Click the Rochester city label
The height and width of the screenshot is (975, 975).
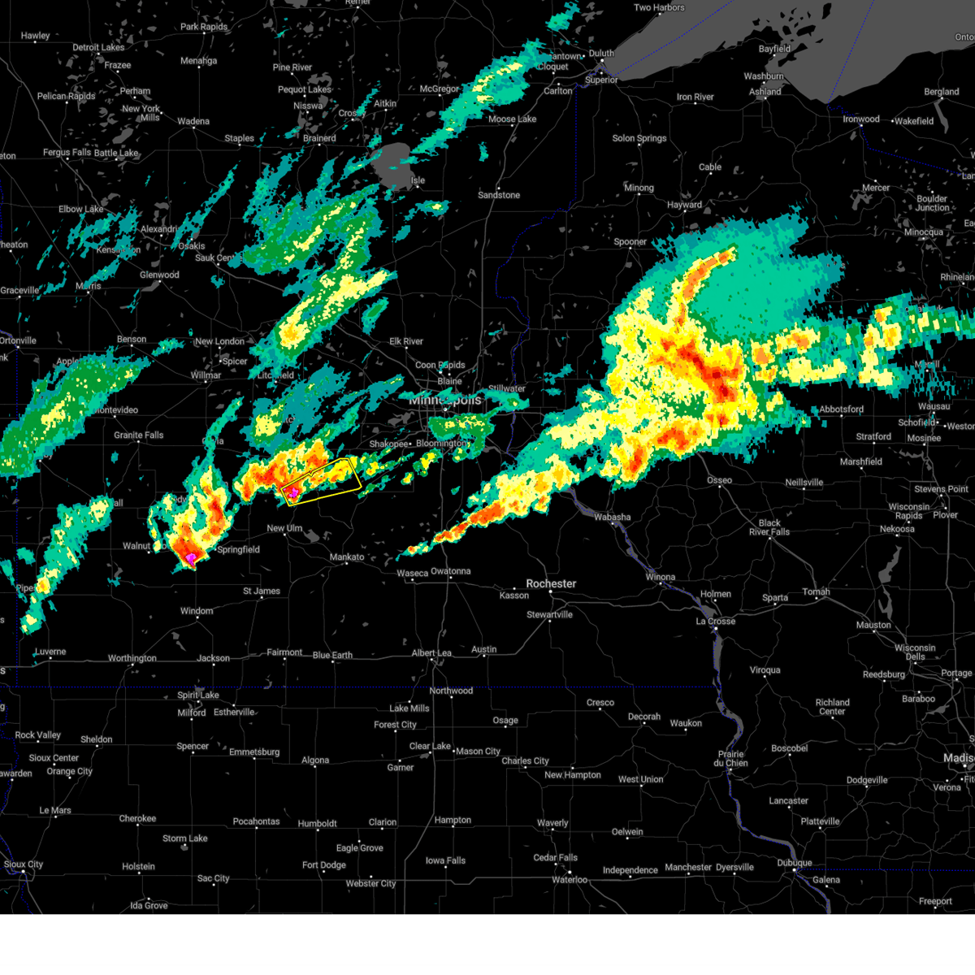[551, 583]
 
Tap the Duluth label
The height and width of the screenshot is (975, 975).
[601, 54]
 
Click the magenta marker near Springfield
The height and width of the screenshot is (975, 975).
[191, 558]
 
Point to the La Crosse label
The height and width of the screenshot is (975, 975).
[715, 622]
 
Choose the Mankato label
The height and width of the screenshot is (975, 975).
[347, 557]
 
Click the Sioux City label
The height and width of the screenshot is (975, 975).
[24, 864]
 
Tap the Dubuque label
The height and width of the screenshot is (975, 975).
[794, 863]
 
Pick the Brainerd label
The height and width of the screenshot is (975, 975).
[319, 138]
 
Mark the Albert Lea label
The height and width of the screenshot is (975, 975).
[431, 653]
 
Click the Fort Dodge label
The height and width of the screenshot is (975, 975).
[324, 865]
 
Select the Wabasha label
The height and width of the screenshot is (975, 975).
[612, 517]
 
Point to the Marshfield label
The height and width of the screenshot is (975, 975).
[860, 461]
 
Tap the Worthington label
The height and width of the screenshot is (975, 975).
[132, 658]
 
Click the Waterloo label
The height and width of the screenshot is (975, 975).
[570, 880]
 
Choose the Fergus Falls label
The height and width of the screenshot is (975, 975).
[67, 153]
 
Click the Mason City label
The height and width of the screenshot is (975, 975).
[478, 752]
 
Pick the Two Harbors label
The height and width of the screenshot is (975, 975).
[659, 8]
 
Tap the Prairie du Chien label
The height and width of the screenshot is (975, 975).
[730, 758]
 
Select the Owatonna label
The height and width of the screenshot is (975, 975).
[450, 571]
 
